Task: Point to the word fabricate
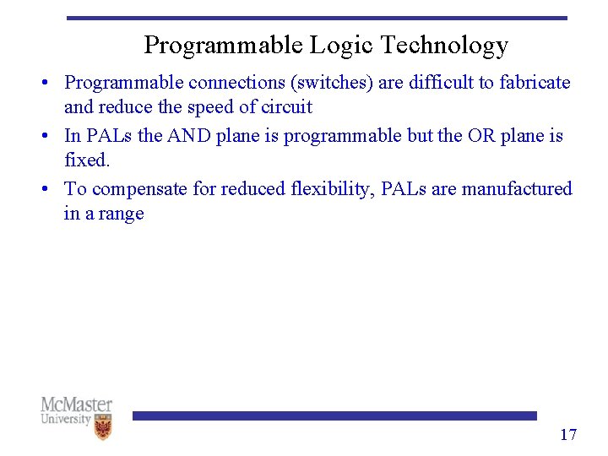pyautogui.click(x=535, y=83)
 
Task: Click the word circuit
pyautogui.click(x=288, y=107)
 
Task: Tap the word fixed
pyautogui.click(x=87, y=160)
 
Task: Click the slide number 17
pyautogui.click(x=568, y=435)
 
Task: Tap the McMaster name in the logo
pyautogui.click(x=76, y=404)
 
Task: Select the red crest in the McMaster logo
pyautogui.click(x=103, y=429)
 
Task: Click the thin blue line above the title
pyautogui.click(x=317, y=18)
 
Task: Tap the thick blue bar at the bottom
pyautogui.click(x=334, y=415)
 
